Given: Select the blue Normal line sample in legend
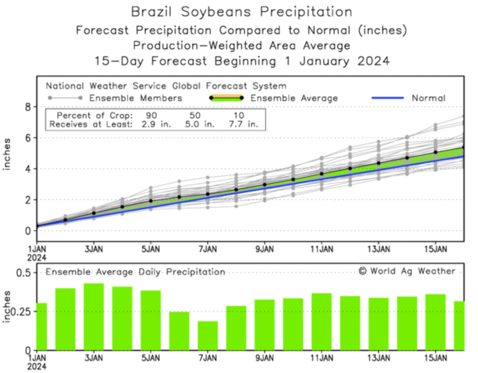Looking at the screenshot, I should [x=387, y=98].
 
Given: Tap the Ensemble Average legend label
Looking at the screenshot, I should [x=294, y=98].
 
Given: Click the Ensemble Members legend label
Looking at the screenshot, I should [x=135, y=98].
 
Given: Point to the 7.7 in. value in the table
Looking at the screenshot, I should [x=243, y=125].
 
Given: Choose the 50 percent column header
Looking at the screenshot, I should [x=195, y=115].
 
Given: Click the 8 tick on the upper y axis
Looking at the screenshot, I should [x=28, y=107].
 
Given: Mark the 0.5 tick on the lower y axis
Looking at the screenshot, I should [x=23, y=273].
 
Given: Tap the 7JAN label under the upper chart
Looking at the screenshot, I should [x=207, y=249].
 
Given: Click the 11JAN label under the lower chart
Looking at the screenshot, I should [x=321, y=358].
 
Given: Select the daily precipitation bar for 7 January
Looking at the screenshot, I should [x=208, y=335].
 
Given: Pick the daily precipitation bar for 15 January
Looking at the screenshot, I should [x=435, y=322].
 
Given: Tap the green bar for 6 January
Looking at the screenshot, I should [x=179, y=331].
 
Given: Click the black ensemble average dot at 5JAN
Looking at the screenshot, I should [x=151, y=201].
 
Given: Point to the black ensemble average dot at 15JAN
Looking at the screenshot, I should [x=435, y=152].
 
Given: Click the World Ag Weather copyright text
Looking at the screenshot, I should [x=407, y=271].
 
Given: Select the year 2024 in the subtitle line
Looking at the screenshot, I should [x=373, y=61].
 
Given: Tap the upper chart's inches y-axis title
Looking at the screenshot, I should [x=7, y=154].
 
